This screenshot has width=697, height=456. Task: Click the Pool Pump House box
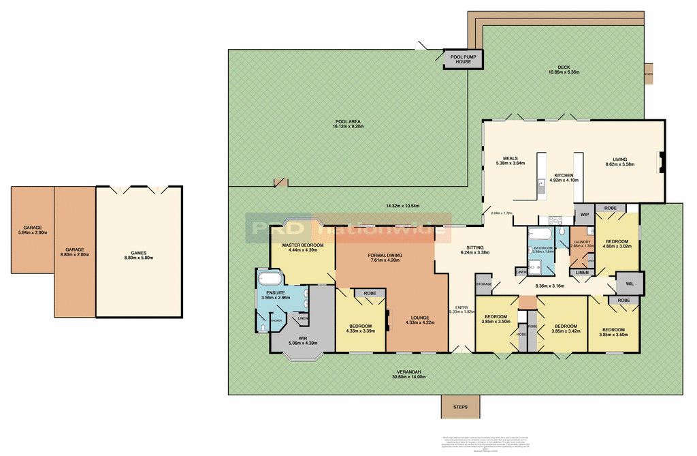(x=463, y=59)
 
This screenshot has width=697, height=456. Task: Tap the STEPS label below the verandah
(x=460, y=407)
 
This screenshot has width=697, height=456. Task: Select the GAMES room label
(x=139, y=253)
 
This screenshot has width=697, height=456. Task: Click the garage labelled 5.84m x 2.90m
(x=32, y=230)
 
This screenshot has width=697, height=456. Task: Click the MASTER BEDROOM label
(x=302, y=245)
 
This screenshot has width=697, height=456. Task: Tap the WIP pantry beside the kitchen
(x=584, y=215)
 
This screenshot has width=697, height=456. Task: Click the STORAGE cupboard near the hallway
(x=484, y=284)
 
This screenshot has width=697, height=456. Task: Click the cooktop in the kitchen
(x=553, y=220)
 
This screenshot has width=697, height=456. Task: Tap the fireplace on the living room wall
(x=658, y=162)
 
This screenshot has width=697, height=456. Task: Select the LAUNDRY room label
(x=582, y=241)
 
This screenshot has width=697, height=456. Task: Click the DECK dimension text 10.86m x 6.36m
(x=564, y=72)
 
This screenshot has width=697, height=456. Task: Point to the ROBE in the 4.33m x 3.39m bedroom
(x=370, y=293)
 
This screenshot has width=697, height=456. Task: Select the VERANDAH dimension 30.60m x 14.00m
(x=408, y=377)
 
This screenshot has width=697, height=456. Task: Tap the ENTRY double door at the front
(x=460, y=350)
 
